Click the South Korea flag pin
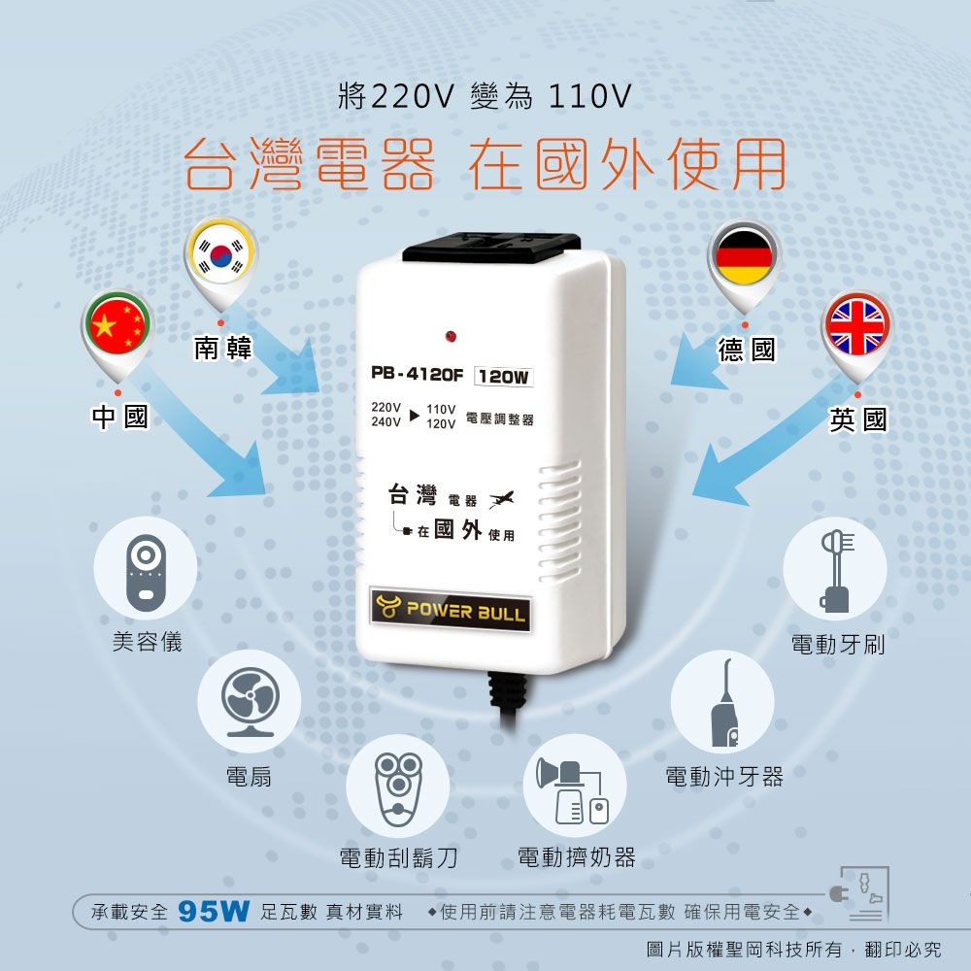(222, 255)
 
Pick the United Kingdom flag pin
(855, 326)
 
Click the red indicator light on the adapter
(450, 336)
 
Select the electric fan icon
(249, 701)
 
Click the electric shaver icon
(398, 785)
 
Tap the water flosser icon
(722, 701)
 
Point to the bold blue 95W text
(215, 913)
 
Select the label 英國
(857, 419)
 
